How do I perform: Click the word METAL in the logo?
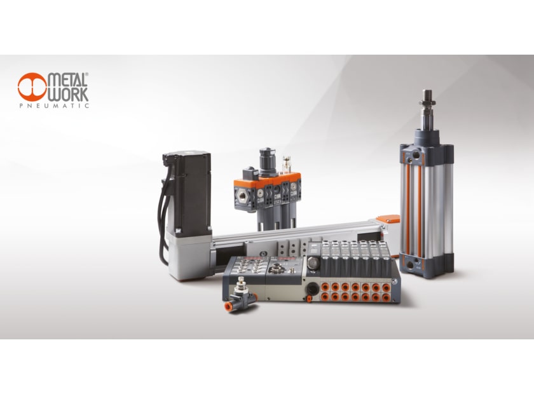[x=67, y=79]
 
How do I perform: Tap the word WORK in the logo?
[x=67, y=94]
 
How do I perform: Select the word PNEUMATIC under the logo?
[x=54, y=105]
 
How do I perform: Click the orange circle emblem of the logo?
[x=32, y=86]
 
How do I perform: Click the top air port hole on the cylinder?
[x=416, y=156]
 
